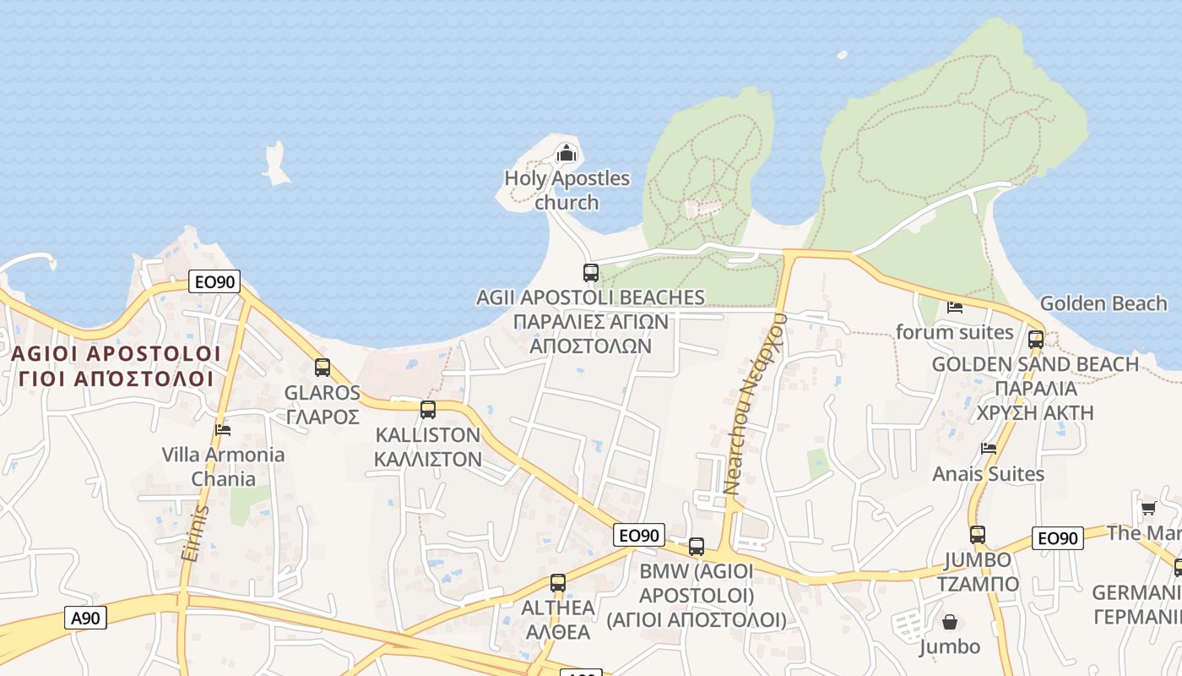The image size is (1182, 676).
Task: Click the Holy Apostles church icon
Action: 566,153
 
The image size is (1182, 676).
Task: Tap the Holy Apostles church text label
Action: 567,190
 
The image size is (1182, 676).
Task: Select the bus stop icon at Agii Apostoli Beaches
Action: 591,273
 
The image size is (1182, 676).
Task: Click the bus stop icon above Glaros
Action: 323,368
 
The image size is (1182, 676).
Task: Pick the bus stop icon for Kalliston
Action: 428,410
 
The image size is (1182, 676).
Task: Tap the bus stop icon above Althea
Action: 557,582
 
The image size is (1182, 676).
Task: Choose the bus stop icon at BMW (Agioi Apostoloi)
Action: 697,547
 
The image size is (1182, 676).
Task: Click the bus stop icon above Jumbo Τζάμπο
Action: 977,535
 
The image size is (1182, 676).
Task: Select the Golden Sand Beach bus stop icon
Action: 1036,340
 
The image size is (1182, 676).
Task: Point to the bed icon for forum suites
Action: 955,308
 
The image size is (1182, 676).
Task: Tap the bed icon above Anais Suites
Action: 989,448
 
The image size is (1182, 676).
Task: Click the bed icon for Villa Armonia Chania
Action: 223,429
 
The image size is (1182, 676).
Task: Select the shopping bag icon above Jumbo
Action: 950,623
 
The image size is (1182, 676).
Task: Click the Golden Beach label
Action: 1103,303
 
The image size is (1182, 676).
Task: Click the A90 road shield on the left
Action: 85,618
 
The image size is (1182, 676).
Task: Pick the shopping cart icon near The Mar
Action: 1148,508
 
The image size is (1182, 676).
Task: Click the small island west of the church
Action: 275,164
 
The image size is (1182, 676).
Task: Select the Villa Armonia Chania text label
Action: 223,466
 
